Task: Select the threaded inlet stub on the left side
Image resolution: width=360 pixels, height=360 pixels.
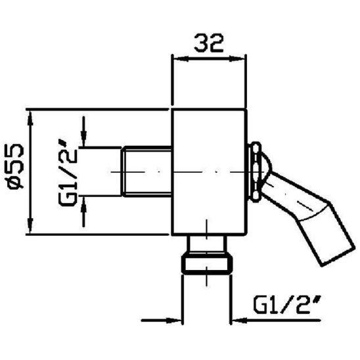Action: click(x=146, y=171)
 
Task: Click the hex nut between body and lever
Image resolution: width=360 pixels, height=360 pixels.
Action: click(x=253, y=171)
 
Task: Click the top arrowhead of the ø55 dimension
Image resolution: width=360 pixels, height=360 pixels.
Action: click(x=30, y=117)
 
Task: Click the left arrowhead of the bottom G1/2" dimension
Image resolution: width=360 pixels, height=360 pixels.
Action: click(x=175, y=321)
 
